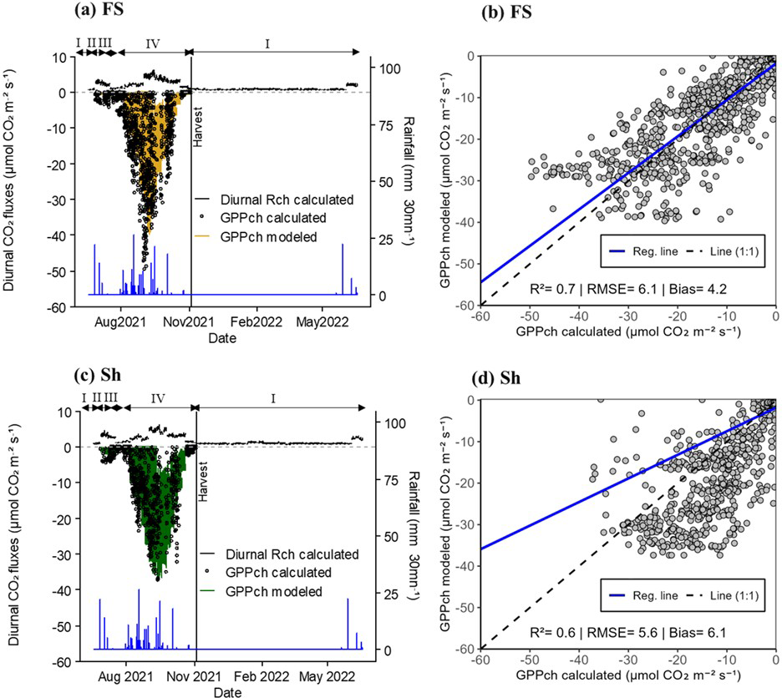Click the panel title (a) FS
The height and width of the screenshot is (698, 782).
100,13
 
